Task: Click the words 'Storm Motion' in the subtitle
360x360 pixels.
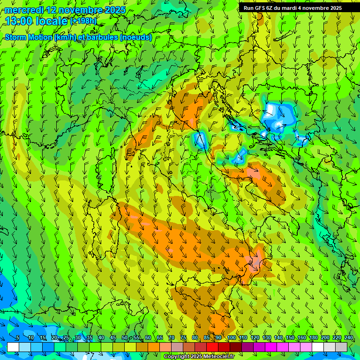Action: [x=28, y=37]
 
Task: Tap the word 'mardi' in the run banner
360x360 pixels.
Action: [x=293, y=8]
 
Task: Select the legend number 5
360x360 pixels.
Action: [x=17, y=338]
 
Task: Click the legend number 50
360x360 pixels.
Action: [x=125, y=338]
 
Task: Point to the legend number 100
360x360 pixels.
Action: [x=232, y=338]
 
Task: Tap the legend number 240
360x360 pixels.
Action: [x=349, y=338]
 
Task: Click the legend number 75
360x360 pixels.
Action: [x=183, y=338]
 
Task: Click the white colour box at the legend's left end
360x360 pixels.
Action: [x=13, y=347]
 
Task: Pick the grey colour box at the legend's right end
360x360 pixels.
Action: [x=341, y=347]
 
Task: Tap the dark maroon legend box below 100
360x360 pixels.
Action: [x=236, y=347]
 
